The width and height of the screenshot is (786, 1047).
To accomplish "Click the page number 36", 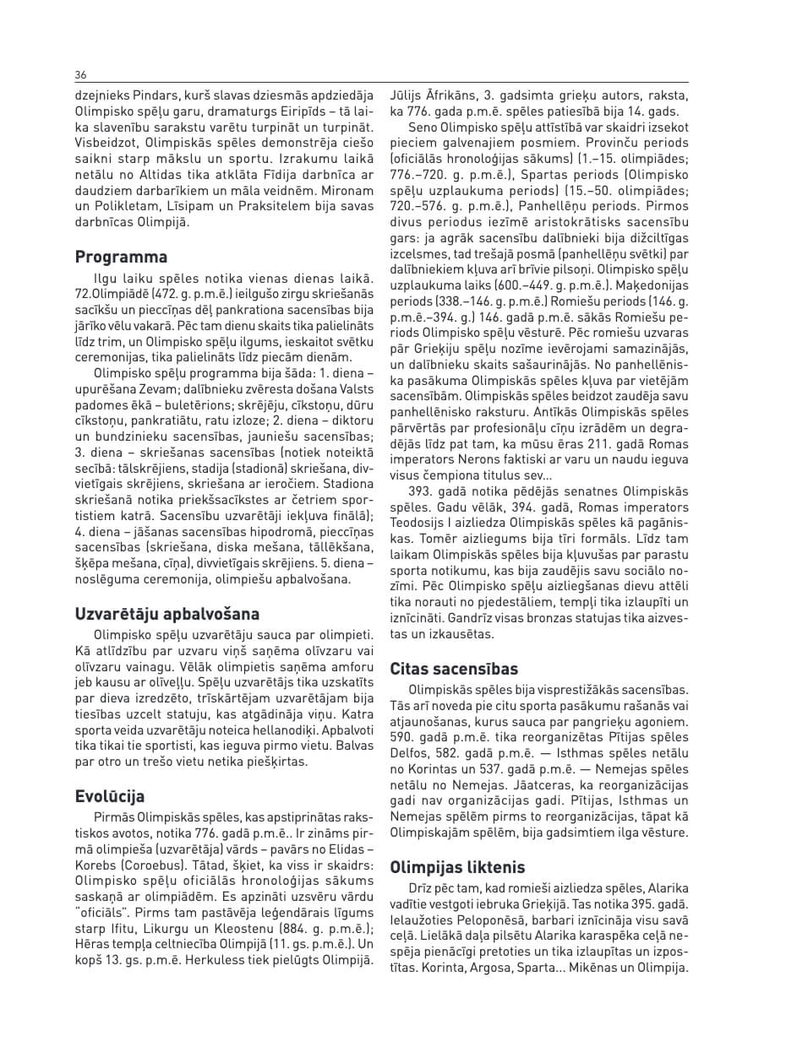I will [x=80, y=74].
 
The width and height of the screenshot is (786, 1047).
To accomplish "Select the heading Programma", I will [x=121, y=257].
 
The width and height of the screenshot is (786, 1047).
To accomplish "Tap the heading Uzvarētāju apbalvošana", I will [x=167, y=614].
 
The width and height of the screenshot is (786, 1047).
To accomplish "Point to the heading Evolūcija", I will [x=110, y=796].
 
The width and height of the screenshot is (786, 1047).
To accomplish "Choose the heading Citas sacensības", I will [x=452, y=669].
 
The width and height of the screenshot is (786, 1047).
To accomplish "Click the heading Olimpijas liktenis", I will [x=457, y=867].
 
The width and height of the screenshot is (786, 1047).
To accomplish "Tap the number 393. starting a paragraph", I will [x=421, y=490].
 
